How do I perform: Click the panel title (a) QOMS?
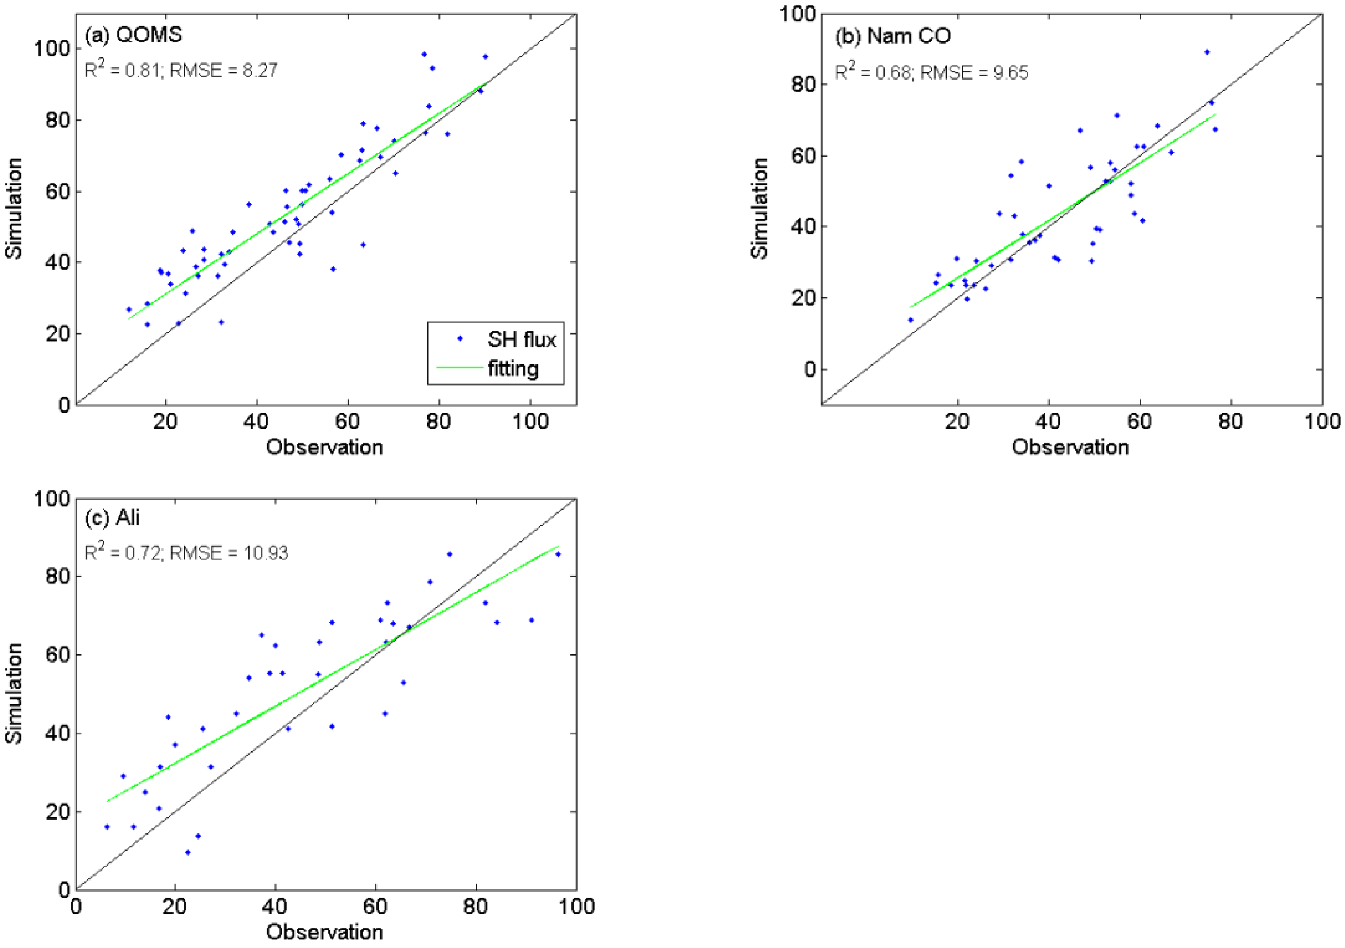pyautogui.click(x=133, y=35)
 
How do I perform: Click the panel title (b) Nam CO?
pyautogui.click(x=892, y=36)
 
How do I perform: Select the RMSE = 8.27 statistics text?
pyautogui.click(x=223, y=71)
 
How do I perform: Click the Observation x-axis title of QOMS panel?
pyautogui.click(x=324, y=447)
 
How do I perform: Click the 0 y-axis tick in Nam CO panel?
pyautogui.click(x=810, y=369)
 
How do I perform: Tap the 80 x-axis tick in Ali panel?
pyautogui.click(x=475, y=907)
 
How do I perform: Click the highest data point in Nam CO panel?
pyautogui.click(x=1207, y=52)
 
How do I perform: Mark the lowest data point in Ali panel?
pyautogui.click(x=187, y=852)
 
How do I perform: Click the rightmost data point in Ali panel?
pyautogui.click(x=558, y=554)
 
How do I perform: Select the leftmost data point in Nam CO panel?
pyautogui.click(x=910, y=320)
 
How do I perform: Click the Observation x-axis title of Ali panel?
pyautogui.click(x=324, y=932)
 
